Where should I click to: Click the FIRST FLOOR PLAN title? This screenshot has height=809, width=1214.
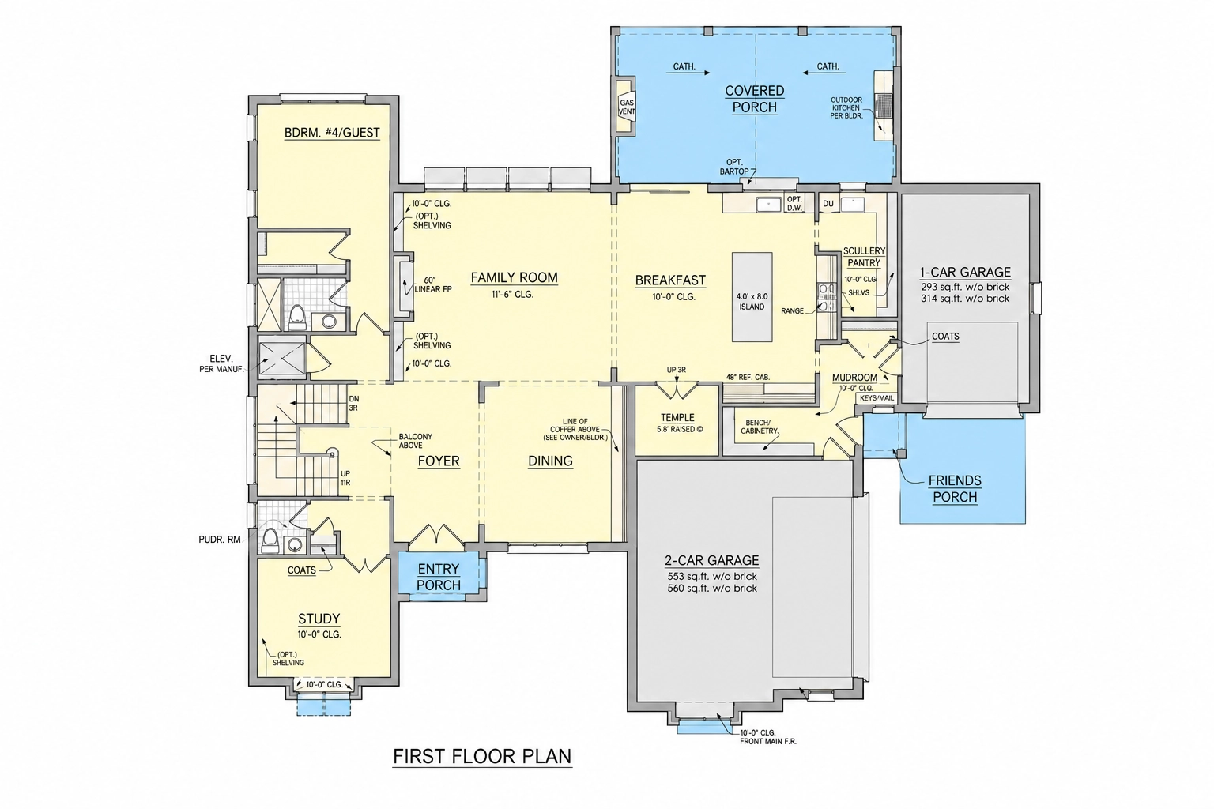pyautogui.click(x=482, y=756)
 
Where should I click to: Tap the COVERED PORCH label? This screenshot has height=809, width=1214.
pyautogui.click(x=755, y=99)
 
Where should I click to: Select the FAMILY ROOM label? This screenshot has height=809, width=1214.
pyautogui.click(x=514, y=277)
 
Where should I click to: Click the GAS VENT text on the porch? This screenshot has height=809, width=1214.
pyautogui.click(x=627, y=107)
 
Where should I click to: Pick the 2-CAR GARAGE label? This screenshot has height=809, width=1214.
pyautogui.click(x=711, y=560)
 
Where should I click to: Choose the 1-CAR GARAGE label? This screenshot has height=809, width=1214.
pyautogui.click(x=965, y=272)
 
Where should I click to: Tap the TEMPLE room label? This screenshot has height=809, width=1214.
pyautogui.click(x=677, y=418)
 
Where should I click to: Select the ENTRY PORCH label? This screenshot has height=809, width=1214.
pyautogui.click(x=439, y=577)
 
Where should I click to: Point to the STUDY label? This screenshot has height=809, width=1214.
pyautogui.click(x=319, y=619)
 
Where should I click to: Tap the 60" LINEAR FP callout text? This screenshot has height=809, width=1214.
pyautogui.click(x=433, y=285)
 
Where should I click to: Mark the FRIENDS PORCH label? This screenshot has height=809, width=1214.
pyautogui.click(x=955, y=489)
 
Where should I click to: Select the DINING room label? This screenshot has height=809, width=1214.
pyautogui.click(x=550, y=461)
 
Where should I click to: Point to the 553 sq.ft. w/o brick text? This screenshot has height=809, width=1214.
pyautogui.click(x=712, y=577)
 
